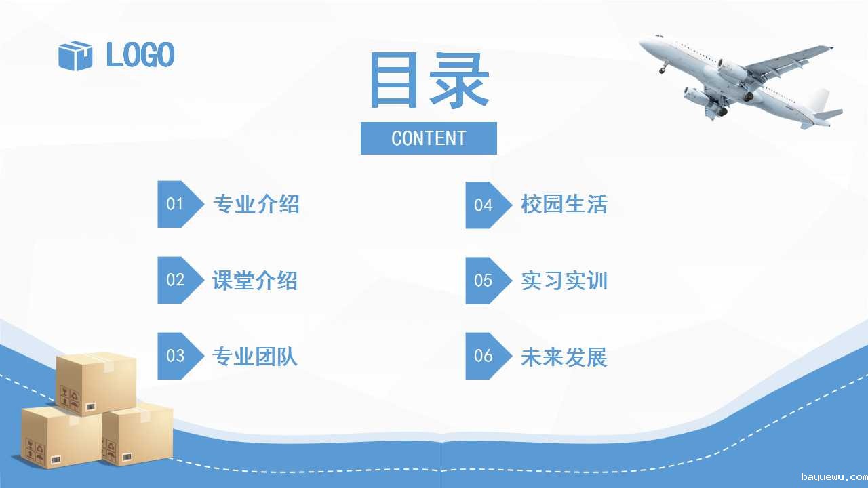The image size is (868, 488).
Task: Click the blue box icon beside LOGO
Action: point(75,56)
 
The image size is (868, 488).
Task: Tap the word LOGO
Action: point(140,55)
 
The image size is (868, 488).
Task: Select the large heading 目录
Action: point(429,80)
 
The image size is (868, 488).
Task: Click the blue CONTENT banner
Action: point(429,138)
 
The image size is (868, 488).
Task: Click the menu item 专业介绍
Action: point(256,204)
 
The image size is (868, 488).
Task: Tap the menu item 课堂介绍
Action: point(255,281)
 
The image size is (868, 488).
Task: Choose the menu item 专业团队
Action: point(255,357)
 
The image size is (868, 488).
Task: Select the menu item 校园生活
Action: point(564,204)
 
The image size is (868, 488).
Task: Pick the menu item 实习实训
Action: point(564,281)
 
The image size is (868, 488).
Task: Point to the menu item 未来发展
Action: point(564,357)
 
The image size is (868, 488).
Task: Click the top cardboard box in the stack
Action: point(96,384)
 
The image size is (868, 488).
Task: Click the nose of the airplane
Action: point(642,42)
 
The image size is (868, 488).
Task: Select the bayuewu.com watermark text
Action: point(834,477)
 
